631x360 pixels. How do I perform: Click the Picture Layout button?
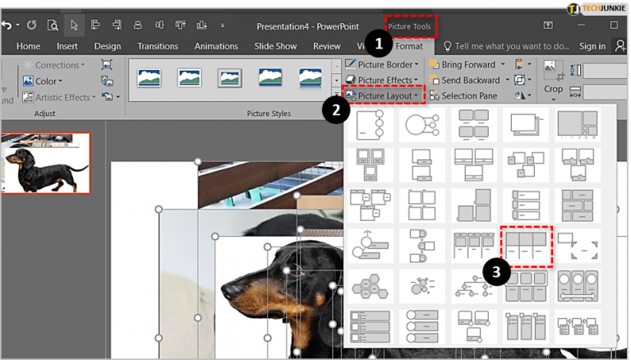383,96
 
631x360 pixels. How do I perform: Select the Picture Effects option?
383,80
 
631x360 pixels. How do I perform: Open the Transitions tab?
158,46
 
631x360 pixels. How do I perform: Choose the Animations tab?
216,46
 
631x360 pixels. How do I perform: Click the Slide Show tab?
277,46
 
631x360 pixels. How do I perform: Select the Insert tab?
67,46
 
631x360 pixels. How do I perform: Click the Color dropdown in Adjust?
45,81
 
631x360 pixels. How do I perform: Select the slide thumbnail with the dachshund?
46,164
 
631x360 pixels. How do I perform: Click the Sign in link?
592,46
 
